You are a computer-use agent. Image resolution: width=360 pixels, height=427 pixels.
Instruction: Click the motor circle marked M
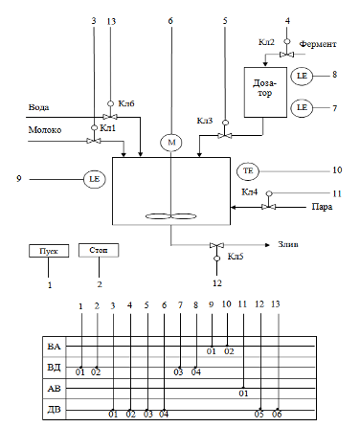coord(171,143)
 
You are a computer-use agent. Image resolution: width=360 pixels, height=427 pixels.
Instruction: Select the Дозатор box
coord(265,92)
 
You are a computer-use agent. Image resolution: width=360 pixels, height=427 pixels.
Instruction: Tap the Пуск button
coord(49,251)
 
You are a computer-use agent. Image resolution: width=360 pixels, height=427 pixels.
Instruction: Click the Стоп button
coord(99,250)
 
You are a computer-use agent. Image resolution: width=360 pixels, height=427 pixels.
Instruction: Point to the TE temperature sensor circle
coord(248,171)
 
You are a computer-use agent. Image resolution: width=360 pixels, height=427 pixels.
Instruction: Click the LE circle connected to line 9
coord(95,179)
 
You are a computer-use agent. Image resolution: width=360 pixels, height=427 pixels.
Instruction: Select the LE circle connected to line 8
coord(302,76)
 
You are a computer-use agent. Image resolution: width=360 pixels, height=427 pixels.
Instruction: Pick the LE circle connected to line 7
coord(302,107)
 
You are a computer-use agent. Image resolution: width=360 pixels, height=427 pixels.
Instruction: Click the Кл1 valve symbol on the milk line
coord(94,141)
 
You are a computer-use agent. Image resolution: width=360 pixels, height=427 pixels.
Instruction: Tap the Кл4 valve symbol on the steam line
coord(269,207)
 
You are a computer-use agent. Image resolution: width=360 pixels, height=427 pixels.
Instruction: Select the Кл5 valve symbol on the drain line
coord(216,245)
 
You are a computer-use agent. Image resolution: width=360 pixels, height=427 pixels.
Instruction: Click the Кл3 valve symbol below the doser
coord(225,136)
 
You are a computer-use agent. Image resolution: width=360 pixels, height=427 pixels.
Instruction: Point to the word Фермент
coord(318,44)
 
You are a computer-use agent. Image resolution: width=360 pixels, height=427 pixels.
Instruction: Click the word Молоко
coord(45,130)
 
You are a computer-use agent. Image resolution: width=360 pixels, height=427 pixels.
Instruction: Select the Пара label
coord(322,207)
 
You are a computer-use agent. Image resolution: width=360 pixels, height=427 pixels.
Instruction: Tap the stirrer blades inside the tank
coord(171,216)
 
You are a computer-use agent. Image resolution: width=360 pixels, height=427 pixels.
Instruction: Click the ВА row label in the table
coord(54,347)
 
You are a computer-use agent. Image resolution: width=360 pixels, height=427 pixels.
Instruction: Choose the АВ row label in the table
coord(54,389)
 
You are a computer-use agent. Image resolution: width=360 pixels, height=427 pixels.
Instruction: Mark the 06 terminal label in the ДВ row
coord(277,415)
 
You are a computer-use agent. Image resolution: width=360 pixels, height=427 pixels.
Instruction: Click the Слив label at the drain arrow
coord(288,244)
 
